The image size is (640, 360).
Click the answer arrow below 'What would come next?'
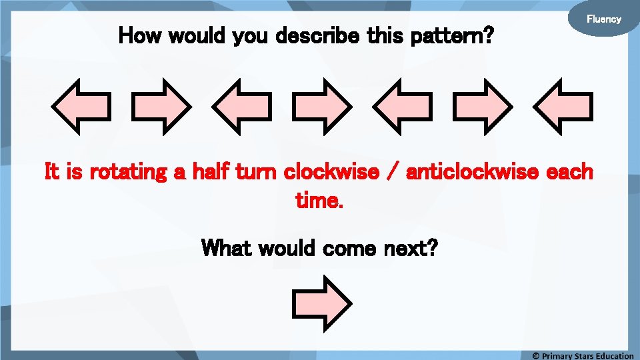(x=321, y=304)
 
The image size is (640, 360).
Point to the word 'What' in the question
(x=227, y=249)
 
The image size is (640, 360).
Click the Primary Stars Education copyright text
(x=583, y=355)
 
